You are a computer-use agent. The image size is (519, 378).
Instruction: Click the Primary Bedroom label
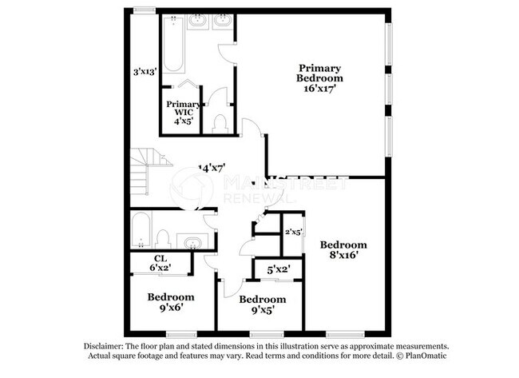click(x=320, y=73)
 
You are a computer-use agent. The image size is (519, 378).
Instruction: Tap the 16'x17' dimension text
click(x=320, y=89)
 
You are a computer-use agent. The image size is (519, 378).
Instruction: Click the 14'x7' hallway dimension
click(x=211, y=169)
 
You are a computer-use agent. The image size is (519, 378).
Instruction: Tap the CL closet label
click(x=160, y=257)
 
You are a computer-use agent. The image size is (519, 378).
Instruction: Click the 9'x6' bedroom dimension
click(x=171, y=307)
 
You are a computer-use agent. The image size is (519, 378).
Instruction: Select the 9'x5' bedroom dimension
click(x=263, y=311)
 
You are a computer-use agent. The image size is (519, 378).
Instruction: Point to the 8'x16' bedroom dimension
click(x=344, y=256)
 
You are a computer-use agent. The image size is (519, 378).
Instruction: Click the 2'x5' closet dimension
click(x=293, y=232)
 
